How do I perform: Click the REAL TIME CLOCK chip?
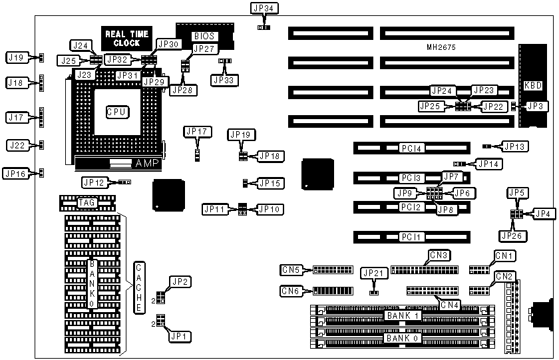click(126, 38)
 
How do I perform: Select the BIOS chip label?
click(204, 36)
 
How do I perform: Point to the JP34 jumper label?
click(264, 9)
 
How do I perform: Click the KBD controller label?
click(533, 85)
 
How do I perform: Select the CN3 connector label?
click(439, 255)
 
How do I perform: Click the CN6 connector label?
click(290, 291)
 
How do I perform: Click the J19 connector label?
click(16, 58)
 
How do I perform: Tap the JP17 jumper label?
click(198, 132)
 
